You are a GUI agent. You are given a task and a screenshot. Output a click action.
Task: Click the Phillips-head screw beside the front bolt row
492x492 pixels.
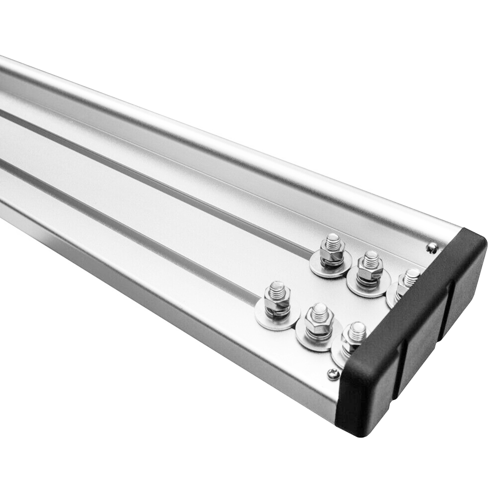point(333,374)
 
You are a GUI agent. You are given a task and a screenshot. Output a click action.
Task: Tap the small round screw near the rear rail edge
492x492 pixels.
point(431,247)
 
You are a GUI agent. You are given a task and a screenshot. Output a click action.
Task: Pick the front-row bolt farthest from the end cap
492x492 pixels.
point(277,300)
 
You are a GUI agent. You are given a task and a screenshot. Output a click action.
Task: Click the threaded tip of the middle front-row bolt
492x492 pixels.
point(320,310)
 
